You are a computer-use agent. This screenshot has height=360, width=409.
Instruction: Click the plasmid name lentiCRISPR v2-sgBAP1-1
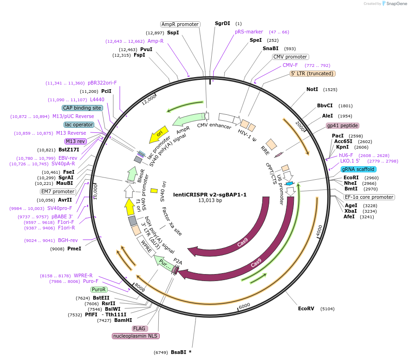(x=210, y=195)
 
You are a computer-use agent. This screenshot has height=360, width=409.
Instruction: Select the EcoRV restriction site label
(x=306, y=308)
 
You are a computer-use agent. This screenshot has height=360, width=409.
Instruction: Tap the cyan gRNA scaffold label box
(x=358, y=169)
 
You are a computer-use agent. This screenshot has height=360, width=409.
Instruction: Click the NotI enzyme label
(x=312, y=89)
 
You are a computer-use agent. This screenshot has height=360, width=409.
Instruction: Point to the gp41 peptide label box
(x=343, y=125)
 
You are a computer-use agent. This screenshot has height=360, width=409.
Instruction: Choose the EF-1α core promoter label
(x=370, y=197)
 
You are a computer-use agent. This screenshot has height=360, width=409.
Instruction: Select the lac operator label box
(x=79, y=124)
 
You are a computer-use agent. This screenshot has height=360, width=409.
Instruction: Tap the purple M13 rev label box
(x=76, y=141)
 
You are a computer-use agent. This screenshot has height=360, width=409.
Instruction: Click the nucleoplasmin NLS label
(x=135, y=336)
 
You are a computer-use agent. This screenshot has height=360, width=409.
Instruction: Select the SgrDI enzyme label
(x=222, y=23)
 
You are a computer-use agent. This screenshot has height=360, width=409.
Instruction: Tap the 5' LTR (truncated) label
(x=312, y=73)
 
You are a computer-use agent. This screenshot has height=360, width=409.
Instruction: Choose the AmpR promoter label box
(x=180, y=24)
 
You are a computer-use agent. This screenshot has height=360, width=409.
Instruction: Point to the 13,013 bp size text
(x=210, y=201)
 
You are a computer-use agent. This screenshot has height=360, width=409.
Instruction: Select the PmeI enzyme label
(x=74, y=249)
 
